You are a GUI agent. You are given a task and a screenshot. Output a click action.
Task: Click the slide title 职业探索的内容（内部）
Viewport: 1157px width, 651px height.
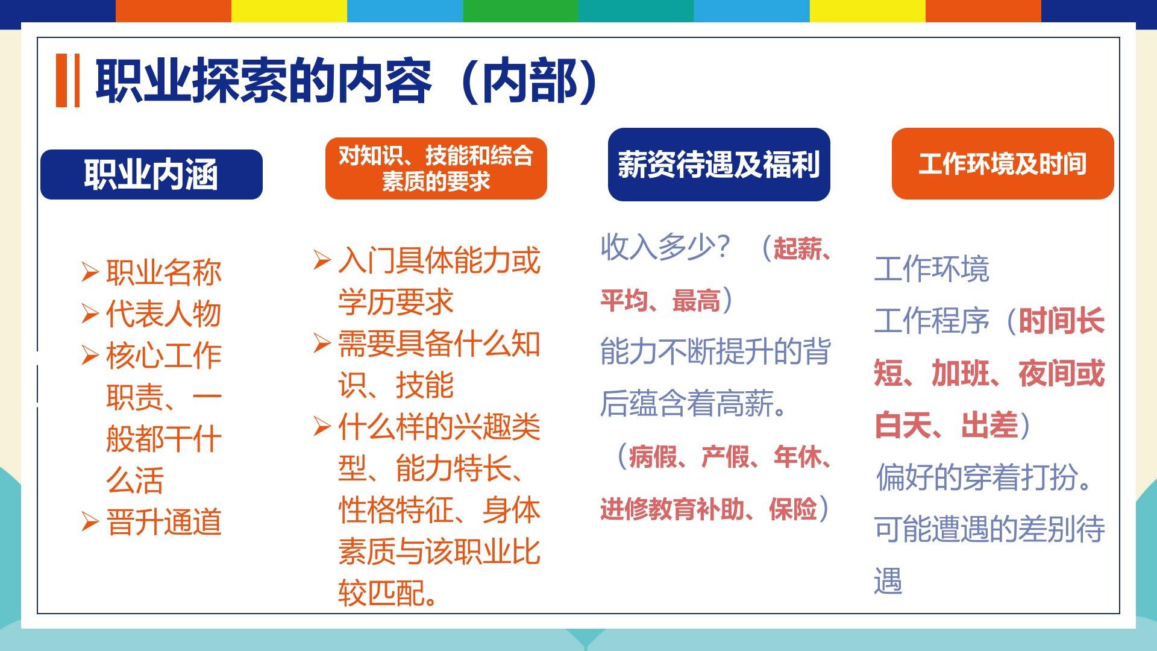pyautogui.click(x=346, y=81)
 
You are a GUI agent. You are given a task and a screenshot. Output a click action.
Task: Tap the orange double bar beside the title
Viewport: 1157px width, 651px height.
pyautogui.click(x=68, y=81)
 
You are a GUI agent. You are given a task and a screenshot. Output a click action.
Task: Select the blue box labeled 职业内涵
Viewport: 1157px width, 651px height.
pyautogui.click(x=151, y=174)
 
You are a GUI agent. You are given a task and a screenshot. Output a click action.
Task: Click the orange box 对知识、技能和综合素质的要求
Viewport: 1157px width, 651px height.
pyautogui.click(x=436, y=168)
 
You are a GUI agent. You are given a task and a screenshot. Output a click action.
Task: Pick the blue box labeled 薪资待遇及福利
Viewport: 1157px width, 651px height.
pyautogui.click(x=719, y=164)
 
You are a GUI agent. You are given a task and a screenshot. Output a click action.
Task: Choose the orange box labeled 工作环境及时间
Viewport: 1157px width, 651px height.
pyautogui.click(x=1003, y=163)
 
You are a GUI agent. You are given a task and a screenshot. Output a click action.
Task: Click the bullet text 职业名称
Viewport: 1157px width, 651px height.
pyautogui.click(x=164, y=272)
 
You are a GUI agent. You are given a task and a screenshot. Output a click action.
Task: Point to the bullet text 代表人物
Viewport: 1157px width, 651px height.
pyautogui.click(x=164, y=314)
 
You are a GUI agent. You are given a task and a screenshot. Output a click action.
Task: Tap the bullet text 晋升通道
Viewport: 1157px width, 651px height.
pyautogui.click(x=164, y=522)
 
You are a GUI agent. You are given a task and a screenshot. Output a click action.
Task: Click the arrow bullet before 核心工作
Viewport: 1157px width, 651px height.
pyautogui.click(x=90, y=356)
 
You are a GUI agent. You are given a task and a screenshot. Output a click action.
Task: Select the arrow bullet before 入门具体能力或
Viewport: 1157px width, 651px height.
pyautogui.click(x=322, y=260)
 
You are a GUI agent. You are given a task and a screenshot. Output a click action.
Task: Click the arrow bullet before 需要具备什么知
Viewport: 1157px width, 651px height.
pyautogui.click(x=322, y=344)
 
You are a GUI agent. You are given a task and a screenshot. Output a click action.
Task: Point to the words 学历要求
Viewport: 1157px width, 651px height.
pyautogui.click(x=395, y=302)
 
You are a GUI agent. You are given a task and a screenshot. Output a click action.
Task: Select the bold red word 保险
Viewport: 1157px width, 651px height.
pyautogui.click(x=792, y=509)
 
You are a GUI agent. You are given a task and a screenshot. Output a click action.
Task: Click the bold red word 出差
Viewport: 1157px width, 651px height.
pyautogui.click(x=989, y=425)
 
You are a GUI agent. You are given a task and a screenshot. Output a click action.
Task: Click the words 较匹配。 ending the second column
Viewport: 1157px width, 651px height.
pyautogui.click(x=388, y=593)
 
